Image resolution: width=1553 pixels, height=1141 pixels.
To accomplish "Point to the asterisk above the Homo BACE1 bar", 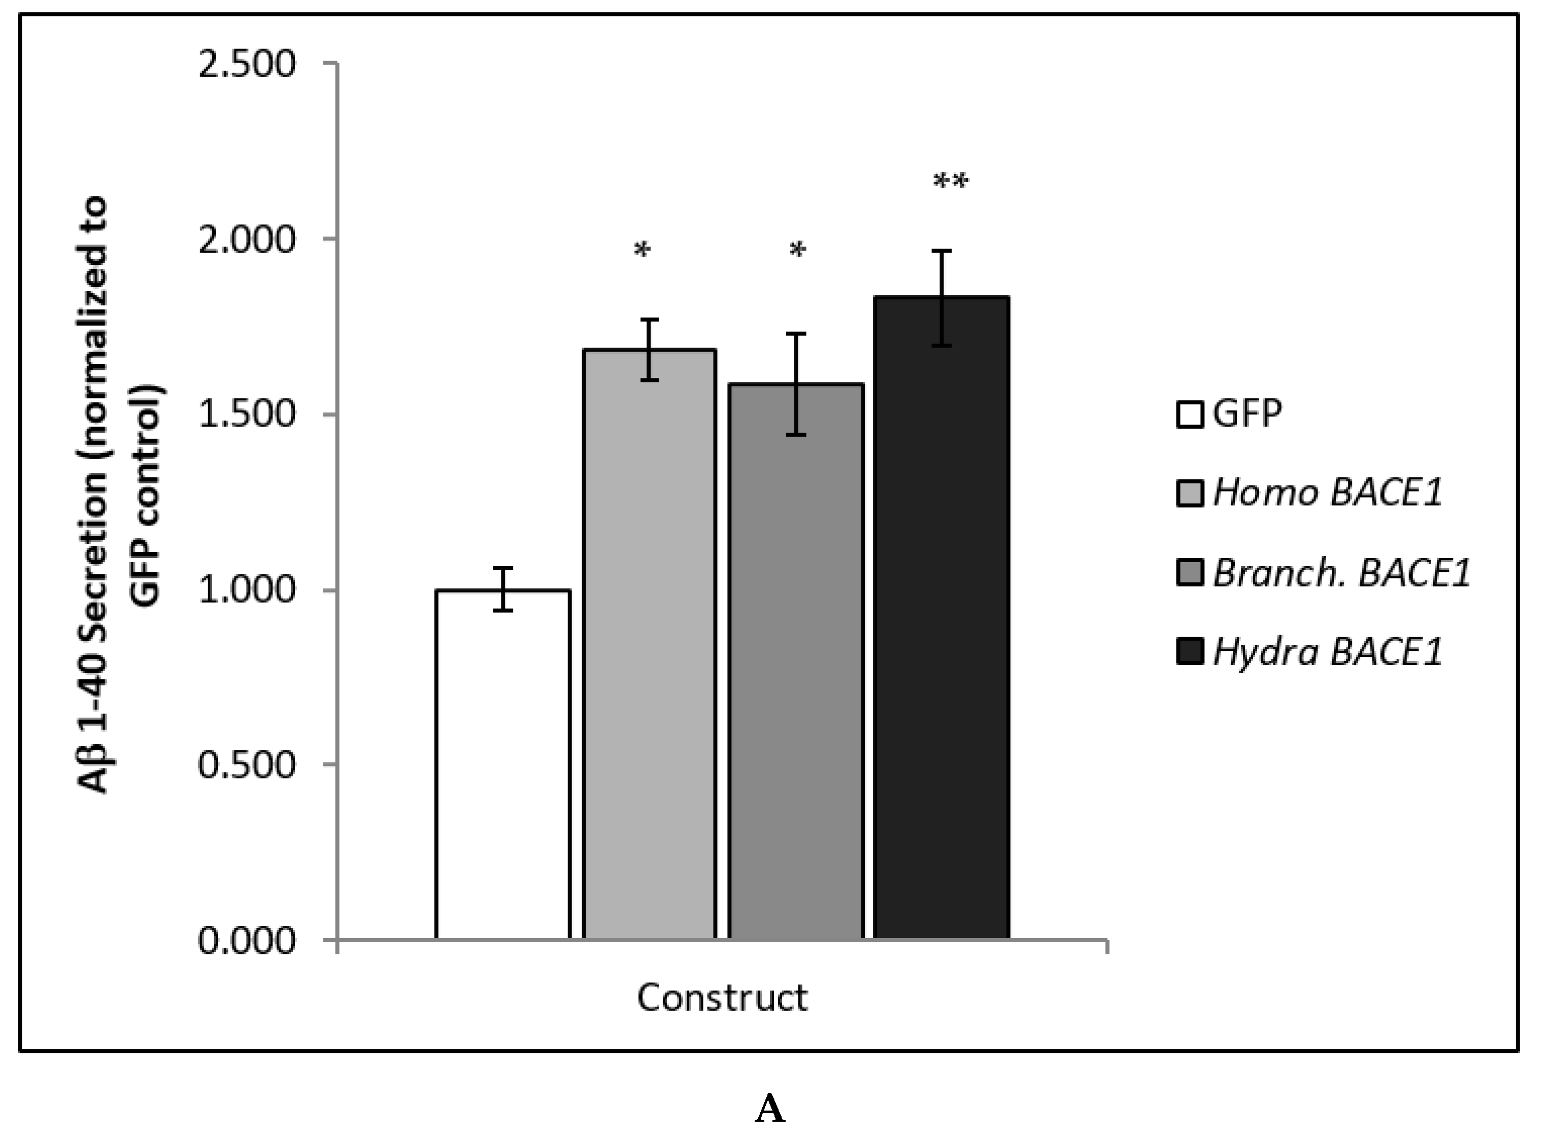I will click(642, 251).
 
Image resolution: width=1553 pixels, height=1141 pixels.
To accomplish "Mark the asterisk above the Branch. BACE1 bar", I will click(797, 251).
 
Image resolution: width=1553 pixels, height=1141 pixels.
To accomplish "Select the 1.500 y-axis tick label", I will click(247, 414).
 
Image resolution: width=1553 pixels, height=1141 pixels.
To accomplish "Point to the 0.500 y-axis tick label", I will click(247, 765).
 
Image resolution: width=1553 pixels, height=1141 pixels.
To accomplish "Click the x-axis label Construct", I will click(722, 997).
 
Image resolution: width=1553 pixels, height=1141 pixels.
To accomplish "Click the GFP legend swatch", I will click(1190, 415).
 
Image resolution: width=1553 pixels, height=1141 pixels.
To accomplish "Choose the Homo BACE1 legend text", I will click(1327, 493).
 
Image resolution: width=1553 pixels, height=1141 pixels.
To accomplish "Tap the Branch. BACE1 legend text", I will click(1341, 573).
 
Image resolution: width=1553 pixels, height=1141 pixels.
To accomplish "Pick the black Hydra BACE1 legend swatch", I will click(1190, 651).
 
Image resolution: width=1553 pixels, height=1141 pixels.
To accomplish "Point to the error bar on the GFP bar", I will click(503, 589).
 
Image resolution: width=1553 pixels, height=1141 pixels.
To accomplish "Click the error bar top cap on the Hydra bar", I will click(941, 252).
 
